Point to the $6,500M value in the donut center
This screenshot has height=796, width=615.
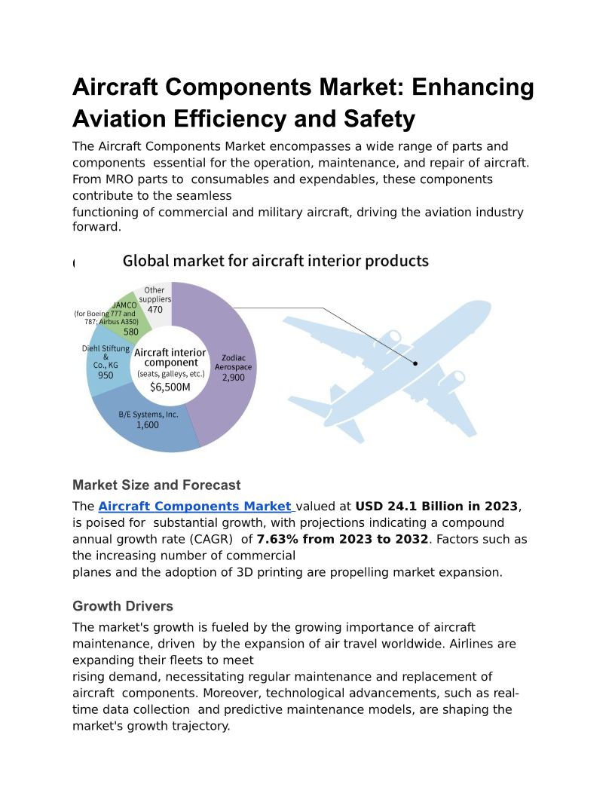(x=170, y=387)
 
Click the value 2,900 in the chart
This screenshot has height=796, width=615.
(x=233, y=378)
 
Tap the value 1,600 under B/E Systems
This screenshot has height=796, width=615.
(x=148, y=425)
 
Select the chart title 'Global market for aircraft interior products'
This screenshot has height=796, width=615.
(x=275, y=262)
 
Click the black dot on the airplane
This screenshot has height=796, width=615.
(x=415, y=363)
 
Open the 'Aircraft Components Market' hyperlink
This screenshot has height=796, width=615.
(x=194, y=507)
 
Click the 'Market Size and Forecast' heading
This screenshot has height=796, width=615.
(x=157, y=485)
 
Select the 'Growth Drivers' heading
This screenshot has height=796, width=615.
(x=123, y=606)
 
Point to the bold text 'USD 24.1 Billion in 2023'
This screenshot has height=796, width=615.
(x=436, y=507)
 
